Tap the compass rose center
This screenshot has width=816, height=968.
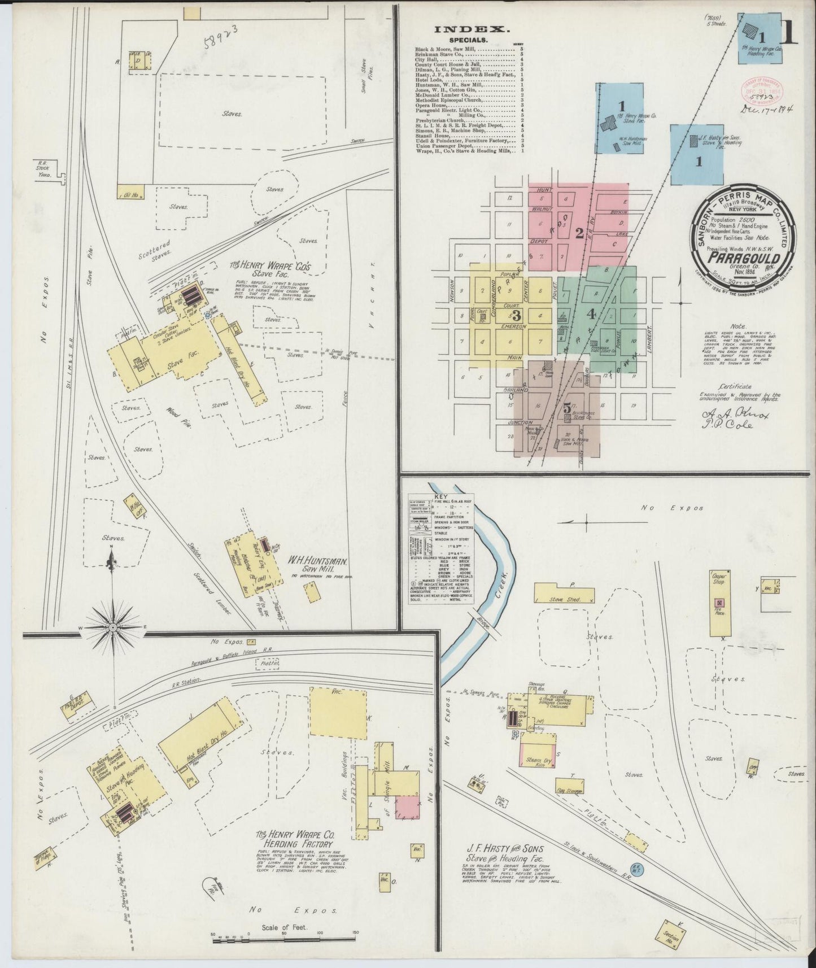pyautogui.click(x=112, y=627)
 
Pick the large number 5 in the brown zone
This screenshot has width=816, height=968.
pyautogui.click(x=566, y=408)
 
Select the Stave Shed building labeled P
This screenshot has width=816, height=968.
pyautogui.click(x=564, y=592)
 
